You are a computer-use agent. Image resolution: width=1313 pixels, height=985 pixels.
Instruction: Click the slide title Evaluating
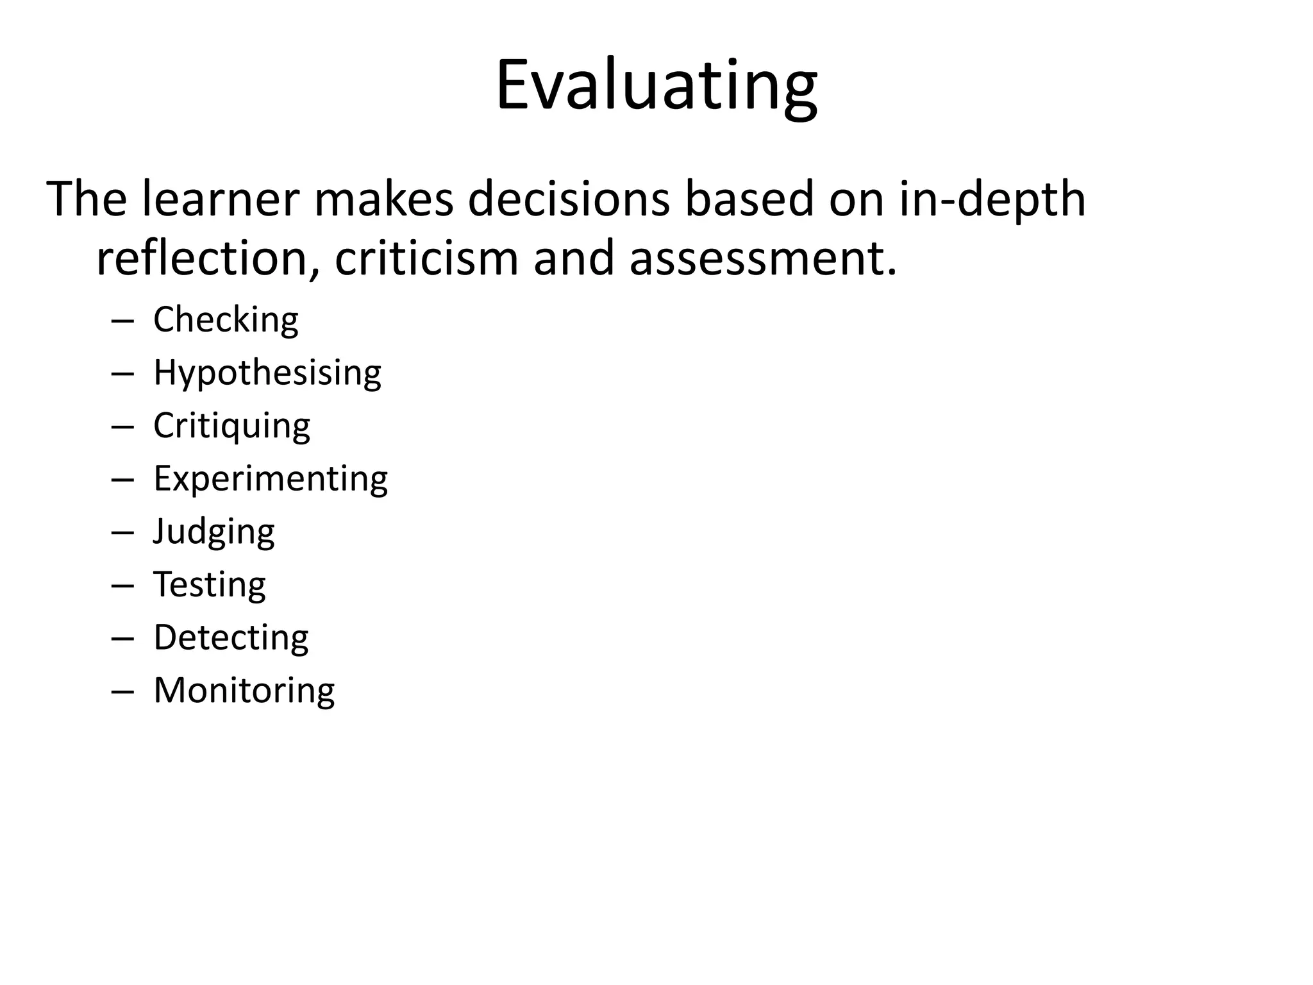click(656, 87)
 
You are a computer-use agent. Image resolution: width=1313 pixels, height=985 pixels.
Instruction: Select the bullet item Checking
click(226, 319)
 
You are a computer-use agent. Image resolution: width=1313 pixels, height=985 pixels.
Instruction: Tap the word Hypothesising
click(267, 373)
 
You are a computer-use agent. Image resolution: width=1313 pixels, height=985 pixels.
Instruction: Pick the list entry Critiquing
click(231, 426)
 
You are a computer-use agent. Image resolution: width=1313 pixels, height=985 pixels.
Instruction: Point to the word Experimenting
click(271, 478)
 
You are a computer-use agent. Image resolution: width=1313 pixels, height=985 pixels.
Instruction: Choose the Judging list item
click(213, 532)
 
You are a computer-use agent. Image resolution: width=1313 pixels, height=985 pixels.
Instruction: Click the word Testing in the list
click(210, 584)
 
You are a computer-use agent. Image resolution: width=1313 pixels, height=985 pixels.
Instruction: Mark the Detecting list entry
click(231, 637)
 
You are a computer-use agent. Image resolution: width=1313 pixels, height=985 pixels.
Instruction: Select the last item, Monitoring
click(244, 691)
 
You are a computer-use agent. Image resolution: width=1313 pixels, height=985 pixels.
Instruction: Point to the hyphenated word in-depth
click(992, 199)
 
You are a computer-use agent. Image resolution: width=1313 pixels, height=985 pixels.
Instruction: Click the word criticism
click(426, 258)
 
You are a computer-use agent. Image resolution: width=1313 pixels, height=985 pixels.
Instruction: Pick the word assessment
click(762, 258)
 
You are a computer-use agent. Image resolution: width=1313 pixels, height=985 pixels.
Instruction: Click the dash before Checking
click(122, 321)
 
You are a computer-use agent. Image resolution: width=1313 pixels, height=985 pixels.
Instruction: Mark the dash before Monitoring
click(122, 692)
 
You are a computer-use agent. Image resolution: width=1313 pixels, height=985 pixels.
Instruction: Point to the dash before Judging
click(122, 533)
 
